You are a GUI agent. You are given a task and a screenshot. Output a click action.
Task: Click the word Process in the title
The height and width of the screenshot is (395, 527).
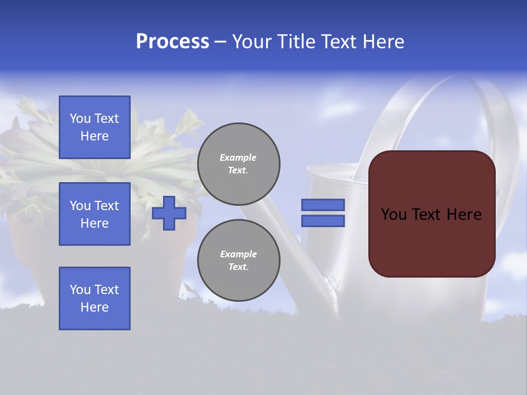pos(172,42)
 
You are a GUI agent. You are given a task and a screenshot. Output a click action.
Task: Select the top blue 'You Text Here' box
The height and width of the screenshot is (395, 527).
pos(94,127)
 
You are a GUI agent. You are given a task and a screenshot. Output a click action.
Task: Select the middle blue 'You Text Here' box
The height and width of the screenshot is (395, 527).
pos(94,214)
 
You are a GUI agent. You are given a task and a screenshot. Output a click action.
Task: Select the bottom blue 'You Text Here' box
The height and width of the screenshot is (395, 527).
pos(94,298)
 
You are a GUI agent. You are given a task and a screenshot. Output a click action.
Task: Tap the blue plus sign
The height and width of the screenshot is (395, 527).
pos(169,213)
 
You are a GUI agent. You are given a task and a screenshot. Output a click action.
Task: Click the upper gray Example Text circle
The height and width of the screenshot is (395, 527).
pos(239,164)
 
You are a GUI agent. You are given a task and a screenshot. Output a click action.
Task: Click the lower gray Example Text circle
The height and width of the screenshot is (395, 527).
pos(239,261)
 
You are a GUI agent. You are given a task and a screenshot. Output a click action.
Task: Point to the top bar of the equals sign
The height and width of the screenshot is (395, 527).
pos(323,205)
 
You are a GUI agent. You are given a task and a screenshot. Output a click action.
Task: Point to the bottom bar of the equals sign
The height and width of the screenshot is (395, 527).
pos(323,221)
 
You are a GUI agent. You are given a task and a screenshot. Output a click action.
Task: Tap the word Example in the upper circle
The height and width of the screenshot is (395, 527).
pos(238,157)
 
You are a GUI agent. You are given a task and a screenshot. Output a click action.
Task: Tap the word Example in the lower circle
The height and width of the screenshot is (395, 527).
pos(238,254)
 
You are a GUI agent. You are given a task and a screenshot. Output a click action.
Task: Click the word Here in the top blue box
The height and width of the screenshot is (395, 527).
pos(94,136)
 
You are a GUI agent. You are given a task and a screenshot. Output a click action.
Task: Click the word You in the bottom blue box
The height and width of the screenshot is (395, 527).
pos(80,290)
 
